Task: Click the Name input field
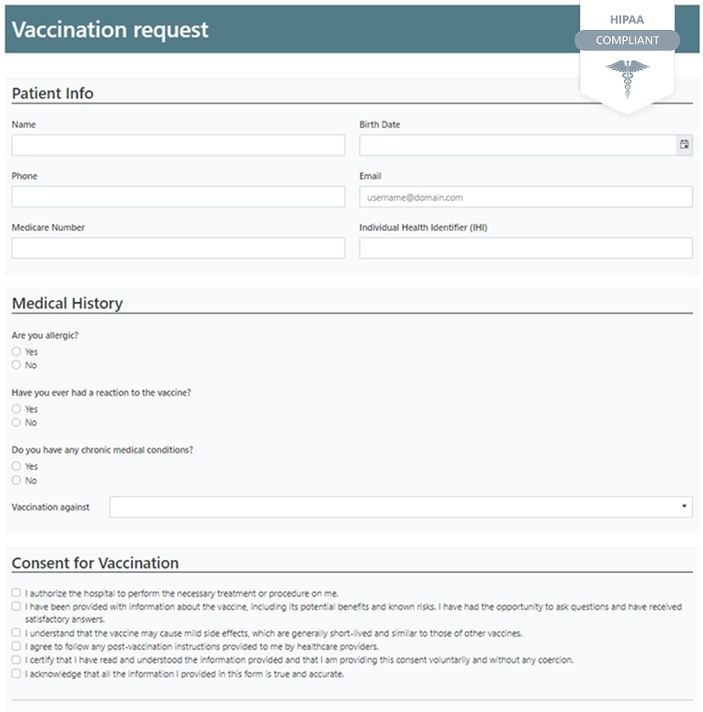[178, 145]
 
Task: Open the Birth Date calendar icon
[684, 145]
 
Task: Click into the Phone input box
[178, 196]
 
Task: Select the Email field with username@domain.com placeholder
[526, 196]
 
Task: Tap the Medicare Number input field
[178, 248]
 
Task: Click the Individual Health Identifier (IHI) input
[526, 248]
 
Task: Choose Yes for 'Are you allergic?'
[16, 351]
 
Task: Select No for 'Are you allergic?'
[16, 365]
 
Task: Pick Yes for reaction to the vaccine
[16, 409]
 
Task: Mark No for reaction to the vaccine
[16, 422]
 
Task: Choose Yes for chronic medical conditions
[16, 466]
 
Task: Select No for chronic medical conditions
[16, 480]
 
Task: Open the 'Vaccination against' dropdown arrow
[684, 506]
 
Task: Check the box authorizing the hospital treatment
[16, 593]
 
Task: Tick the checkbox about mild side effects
[16, 633]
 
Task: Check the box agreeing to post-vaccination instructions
[16, 647]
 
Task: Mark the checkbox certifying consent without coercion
[16, 660]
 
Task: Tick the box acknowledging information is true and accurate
[16, 674]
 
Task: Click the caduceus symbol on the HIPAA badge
[628, 76]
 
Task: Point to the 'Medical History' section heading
[67, 304]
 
